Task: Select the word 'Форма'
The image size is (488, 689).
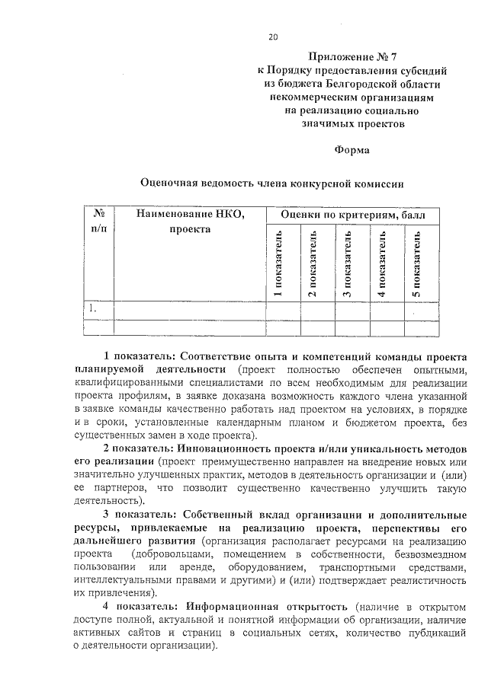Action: (x=352, y=150)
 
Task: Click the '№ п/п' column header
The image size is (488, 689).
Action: (x=98, y=222)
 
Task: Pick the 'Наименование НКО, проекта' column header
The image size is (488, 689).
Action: (x=190, y=222)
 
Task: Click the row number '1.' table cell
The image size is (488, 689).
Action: (x=92, y=309)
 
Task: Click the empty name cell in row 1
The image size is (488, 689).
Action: (x=190, y=309)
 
